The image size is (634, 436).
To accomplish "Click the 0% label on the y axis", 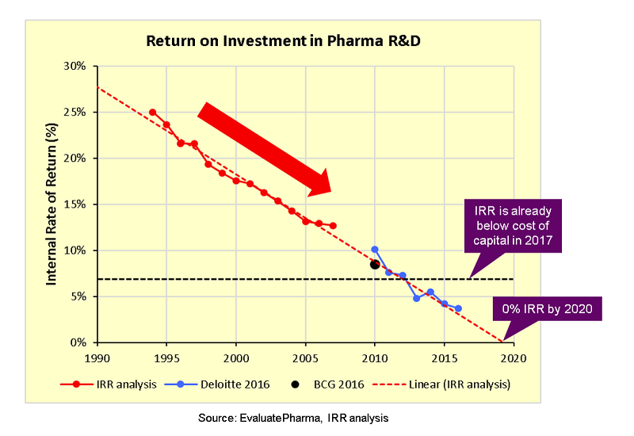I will pyautogui.click(x=78, y=343).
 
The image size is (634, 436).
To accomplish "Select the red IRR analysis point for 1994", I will pyautogui.click(x=152, y=113).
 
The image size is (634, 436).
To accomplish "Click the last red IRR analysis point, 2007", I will pyautogui.click(x=333, y=226).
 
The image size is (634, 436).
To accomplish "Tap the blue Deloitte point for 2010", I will pyautogui.click(x=375, y=250).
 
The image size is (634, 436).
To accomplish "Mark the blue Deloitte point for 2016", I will pyautogui.click(x=458, y=308).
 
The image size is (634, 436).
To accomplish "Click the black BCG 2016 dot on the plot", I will pyautogui.click(x=375, y=265).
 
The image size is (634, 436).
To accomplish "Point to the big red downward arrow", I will pyautogui.click(x=265, y=149).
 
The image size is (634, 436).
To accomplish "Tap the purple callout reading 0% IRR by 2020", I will pyautogui.click(x=547, y=309).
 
